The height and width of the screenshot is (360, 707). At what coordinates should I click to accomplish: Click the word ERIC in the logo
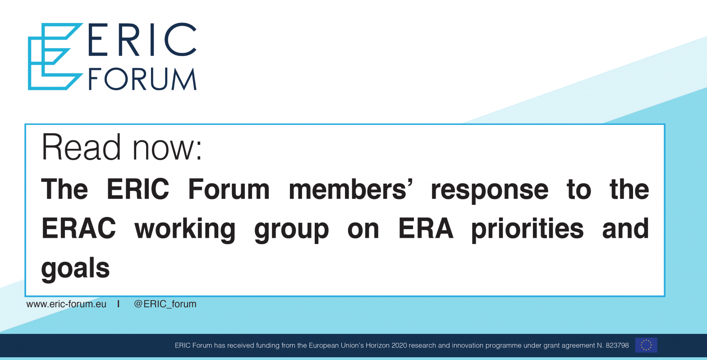(142, 40)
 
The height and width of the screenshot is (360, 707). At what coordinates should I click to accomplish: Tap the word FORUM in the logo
(142, 78)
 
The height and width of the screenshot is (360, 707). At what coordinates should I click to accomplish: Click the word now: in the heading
(167, 150)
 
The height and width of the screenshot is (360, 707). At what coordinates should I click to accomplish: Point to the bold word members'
(351, 189)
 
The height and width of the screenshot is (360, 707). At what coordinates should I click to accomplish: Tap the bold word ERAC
(78, 228)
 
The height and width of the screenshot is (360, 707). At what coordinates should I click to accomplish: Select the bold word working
(185, 230)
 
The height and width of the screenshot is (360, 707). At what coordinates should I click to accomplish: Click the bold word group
(291, 231)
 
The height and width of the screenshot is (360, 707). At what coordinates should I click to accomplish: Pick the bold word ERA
(426, 228)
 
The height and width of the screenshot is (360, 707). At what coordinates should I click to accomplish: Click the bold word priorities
(528, 230)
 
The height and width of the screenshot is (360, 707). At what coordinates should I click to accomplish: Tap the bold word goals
(75, 269)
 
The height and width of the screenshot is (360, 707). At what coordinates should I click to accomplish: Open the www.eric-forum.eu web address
(66, 304)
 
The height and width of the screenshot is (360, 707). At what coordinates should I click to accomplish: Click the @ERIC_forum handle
(165, 304)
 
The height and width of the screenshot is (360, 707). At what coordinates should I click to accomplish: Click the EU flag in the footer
(646, 345)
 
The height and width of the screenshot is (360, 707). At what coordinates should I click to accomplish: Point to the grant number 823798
(617, 346)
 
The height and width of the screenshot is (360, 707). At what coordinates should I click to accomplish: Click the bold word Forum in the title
(229, 189)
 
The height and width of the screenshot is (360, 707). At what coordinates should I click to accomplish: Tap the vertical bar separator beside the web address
(118, 304)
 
